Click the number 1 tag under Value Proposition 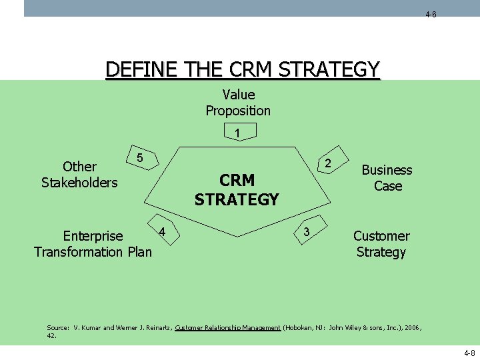[x=238, y=133]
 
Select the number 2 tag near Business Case [x=327, y=163]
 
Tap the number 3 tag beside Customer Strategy [x=306, y=231]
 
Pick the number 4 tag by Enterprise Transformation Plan [x=162, y=231]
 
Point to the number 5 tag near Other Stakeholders [x=139, y=158]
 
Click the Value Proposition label [x=238, y=103]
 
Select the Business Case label [x=387, y=178]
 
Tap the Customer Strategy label [x=381, y=244]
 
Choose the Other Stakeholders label [x=79, y=174]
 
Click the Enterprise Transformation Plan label [x=93, y=244]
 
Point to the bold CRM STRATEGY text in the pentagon [x=237, y=190]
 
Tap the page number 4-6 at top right [x=431, y=14]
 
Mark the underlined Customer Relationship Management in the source [x=228, y=328]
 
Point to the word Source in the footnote [x=57, y=328]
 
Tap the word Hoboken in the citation [x=299, y=328]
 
